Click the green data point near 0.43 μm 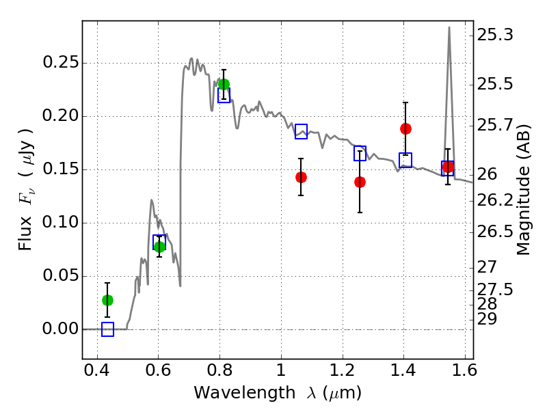107,300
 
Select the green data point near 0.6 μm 159,247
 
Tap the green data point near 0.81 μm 224,84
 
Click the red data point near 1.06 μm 301,178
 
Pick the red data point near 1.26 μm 360,182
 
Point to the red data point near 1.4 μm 405,129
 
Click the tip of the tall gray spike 449,27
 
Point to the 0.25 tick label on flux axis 60,63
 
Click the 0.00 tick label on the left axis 60,329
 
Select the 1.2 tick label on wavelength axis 343,370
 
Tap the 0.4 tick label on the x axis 97,370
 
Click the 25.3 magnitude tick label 495,35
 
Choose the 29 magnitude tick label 487,319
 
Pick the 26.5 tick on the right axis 495,232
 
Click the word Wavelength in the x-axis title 245,393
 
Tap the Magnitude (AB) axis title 523,190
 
